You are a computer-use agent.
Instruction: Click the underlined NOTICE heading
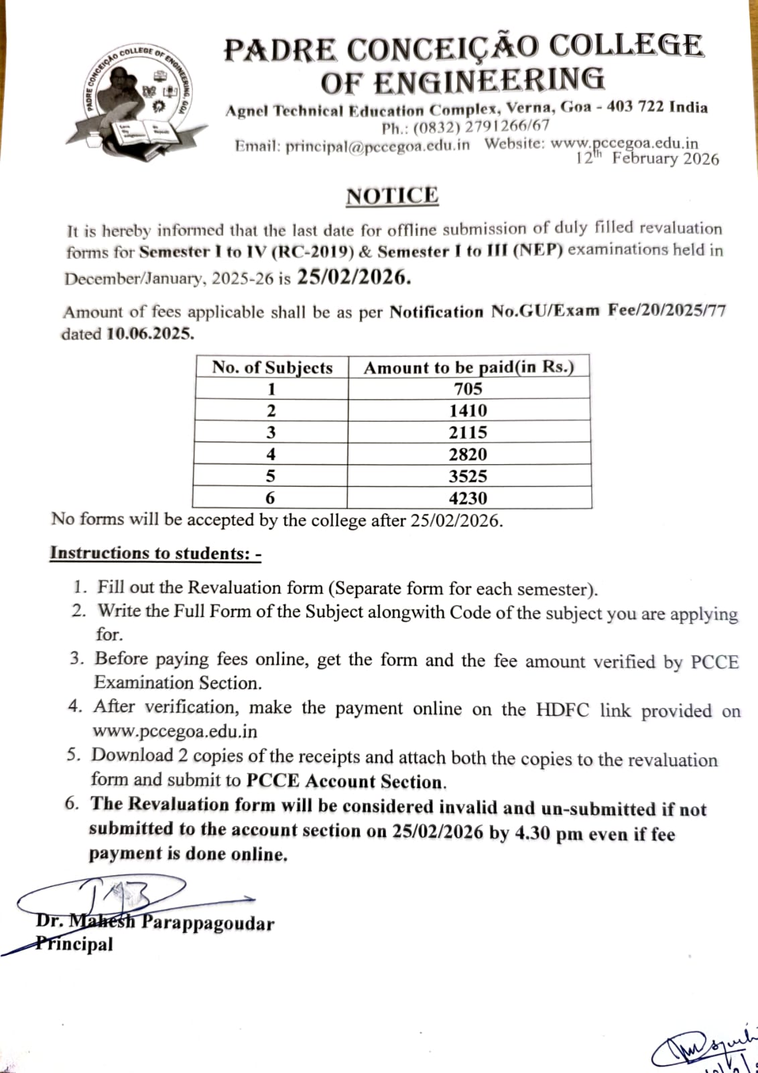[x=392, y=196]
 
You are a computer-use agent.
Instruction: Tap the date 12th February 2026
[x=647, y=159]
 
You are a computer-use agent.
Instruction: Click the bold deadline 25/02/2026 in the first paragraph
[x=354, y=277]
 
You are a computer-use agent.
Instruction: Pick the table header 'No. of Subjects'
[x=272, y=368]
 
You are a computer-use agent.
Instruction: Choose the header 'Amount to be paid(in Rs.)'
[x=468, y=368]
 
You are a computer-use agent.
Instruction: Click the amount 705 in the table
[x=468, y=389]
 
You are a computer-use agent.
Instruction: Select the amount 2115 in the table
[x=468, y=433]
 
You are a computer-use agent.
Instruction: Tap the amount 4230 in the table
[x=468, y=498]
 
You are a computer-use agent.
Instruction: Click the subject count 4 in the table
[x=271, y=455]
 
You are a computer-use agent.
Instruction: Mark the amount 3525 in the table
[x=468, y=477]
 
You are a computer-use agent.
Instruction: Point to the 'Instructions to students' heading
[x=155, y=553]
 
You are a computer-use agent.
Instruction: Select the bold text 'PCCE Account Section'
[x=345, y=781]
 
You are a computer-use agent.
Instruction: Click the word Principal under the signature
[x=75, y=944]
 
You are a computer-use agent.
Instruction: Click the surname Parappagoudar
[x=208, y=923]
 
